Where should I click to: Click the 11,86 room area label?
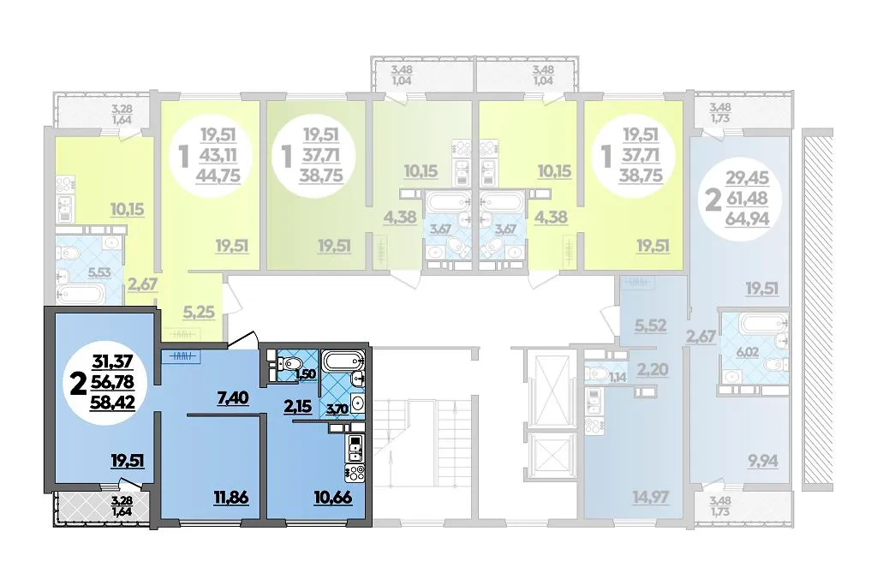tap(230, 496)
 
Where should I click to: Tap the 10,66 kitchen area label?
tap(334, 496)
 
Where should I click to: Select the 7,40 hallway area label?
tap(233, 398)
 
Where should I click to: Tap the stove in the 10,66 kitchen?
tap(356, 471)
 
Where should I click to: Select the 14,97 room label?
tap(651, 496)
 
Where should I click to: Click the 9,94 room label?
tap(763, 462)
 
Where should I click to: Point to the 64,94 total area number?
tap(747, 218)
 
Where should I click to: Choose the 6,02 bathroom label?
tap(749, 352)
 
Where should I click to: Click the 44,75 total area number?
tap(218, 176)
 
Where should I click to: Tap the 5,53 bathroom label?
tap(99, 273)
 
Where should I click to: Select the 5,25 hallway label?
tap(199, 312)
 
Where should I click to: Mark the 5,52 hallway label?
tap(651, 325)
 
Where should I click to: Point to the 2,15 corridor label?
tap(297, 407)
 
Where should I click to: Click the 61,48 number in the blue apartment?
tap(747, 198)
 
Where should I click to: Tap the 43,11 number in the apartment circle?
tap(218, 156)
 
